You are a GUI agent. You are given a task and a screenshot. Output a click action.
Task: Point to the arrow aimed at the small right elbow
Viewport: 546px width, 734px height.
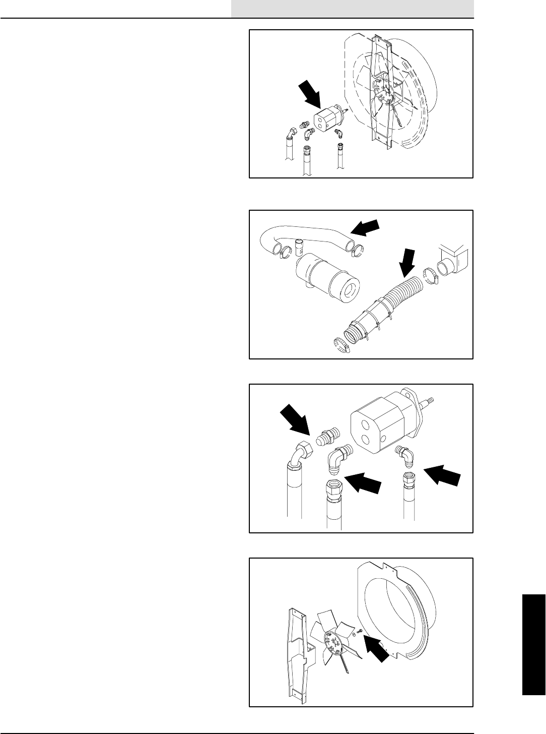pyautogui.click(x=442, y=475)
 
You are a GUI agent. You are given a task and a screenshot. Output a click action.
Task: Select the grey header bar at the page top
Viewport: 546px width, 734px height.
pyautogui.click(x=353, y=9)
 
